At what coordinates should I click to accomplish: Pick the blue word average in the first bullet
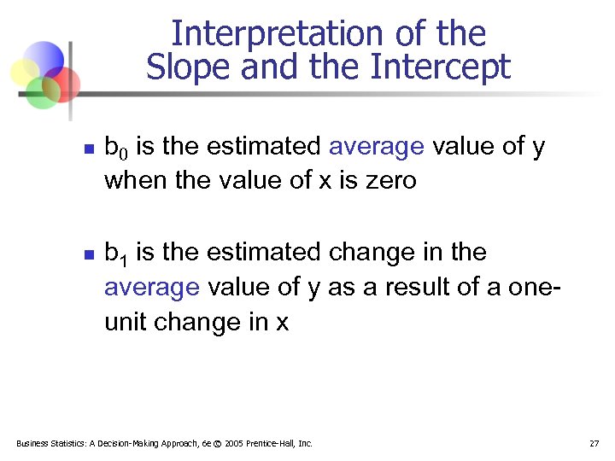pyautogui.click(x=376, y=147)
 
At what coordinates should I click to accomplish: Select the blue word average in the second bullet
pyautogui.click(x=151, y=288)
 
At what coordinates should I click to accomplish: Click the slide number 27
pyautogui.click(x=594, y=443)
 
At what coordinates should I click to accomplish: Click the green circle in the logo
pyautogui.click(x=40, y=92)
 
